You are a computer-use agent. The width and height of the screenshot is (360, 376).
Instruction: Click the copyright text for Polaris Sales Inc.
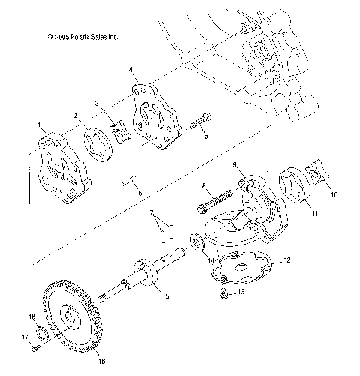tap(82, 36)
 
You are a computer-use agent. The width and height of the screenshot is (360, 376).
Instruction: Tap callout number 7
tap(150, 212)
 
